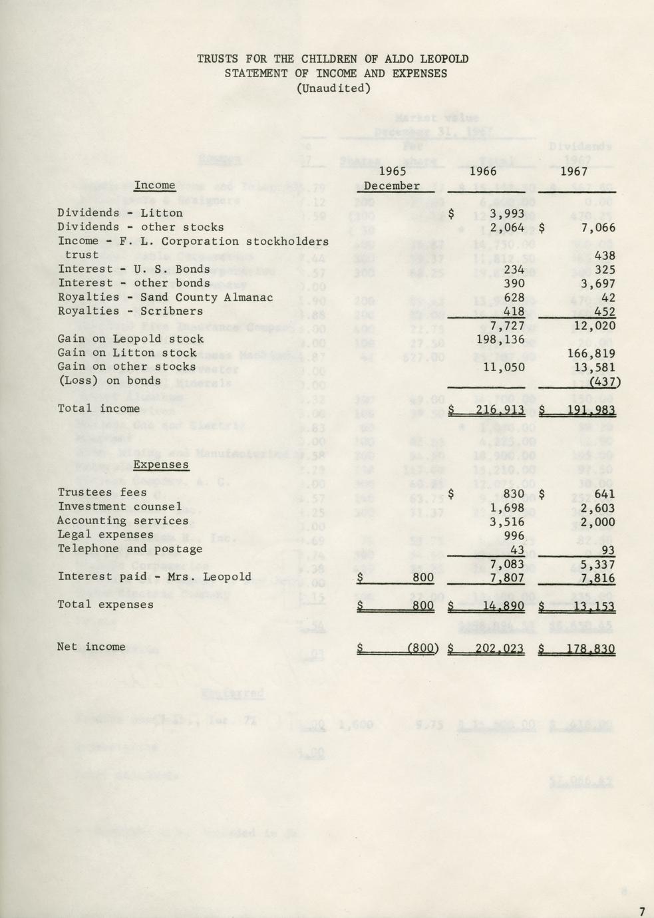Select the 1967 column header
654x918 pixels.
pyautogui.click(x=573, y=172)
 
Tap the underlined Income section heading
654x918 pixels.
pyautogui.click(x=154, y=186)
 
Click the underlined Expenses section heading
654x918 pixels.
pyautogui.click(x=161, y=465)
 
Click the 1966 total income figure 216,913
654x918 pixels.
pyautogui.click(x=500, y=409)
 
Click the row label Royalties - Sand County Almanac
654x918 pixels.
pyautogui.click(x=165, y=297)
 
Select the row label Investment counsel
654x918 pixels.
pyautogui.click(x=120, y=507)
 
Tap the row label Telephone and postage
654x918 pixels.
pyautogui.click(x=130, y=549)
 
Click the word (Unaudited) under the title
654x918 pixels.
pyautogui.click(x=333, y=88)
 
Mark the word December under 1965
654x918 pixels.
pyautogui.click(x=392, y=186)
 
